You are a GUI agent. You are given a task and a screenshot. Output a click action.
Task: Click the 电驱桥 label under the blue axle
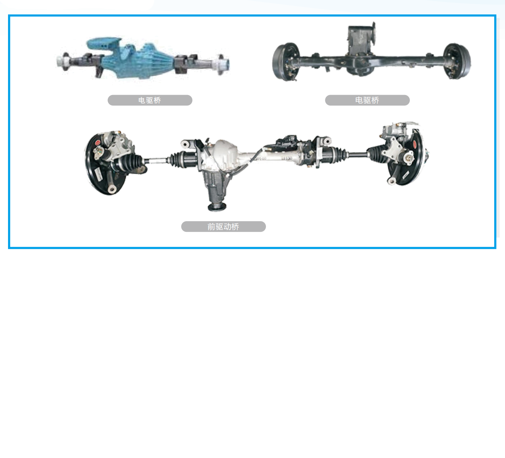click(150, 100)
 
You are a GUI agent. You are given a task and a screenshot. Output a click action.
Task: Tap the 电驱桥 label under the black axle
click(367, 100)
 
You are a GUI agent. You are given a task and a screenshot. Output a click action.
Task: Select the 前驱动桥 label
click(223, 227)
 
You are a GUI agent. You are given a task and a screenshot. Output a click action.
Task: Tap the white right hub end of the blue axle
click(224, 64)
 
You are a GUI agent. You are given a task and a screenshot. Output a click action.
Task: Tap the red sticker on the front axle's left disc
click(98, 142)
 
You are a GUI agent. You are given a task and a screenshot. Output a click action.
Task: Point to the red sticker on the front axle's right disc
click(415, 144)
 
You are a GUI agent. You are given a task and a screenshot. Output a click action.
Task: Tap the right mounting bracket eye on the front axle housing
click(326, 141)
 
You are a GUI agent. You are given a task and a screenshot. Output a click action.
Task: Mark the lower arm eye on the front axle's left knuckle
click(111, 189)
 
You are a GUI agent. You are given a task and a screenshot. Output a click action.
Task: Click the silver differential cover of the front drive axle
click(224, 152)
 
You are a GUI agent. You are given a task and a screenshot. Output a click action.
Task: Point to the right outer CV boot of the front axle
click(376, 153)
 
